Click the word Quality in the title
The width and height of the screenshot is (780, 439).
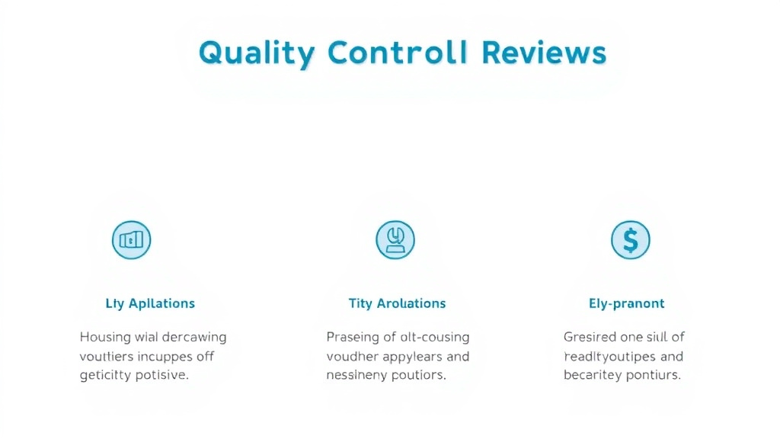(256, 53)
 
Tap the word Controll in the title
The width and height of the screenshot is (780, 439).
(398, 53)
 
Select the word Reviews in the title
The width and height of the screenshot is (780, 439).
(545, 53)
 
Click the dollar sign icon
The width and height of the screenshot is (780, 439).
(631, 240)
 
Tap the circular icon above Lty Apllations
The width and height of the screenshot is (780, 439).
(131, 240)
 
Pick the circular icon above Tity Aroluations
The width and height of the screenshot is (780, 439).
(395, 240)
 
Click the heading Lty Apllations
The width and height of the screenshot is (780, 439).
(150, 303)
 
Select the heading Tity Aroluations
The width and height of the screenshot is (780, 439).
(397, 303)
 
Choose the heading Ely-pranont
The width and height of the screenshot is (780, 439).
(627, 303)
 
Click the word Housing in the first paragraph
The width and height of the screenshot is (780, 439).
(106, 337)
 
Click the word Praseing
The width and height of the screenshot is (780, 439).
(353, 337)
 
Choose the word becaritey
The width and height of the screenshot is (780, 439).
(593, 376)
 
